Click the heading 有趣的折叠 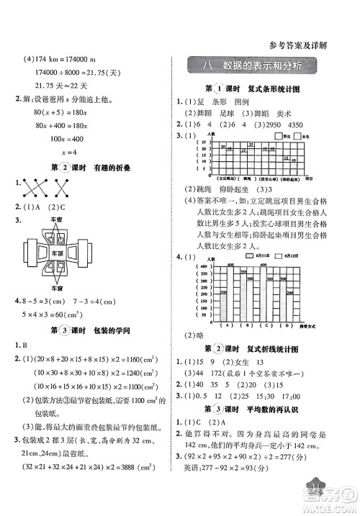(117, 167)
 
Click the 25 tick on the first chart (204, 142)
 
